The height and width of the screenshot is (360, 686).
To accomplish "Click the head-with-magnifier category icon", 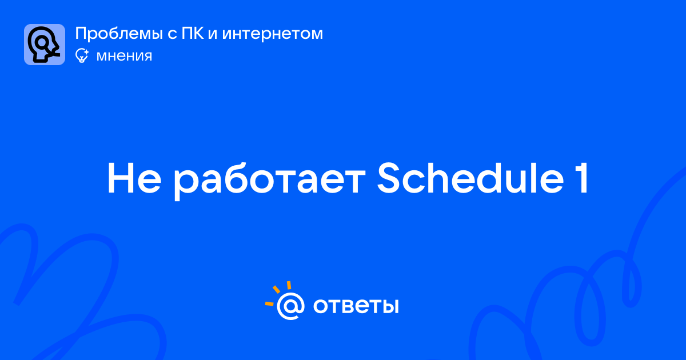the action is (x=45, y=45).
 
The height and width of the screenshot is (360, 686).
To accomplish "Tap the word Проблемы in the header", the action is (x=119, y=34).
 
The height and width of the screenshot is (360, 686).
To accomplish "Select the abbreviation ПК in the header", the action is (x=193, y=33).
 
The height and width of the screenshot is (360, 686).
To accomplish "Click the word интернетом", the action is (x=273, y=34).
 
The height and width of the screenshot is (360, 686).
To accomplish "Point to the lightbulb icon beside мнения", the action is (x=82, y=55).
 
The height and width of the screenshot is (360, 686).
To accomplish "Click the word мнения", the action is (x=124, y=56).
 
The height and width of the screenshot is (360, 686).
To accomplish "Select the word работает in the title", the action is (x=269, y=181).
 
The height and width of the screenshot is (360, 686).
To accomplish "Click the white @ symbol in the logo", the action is (x=290, y=306).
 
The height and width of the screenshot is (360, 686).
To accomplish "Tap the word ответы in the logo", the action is (x=356, y=306).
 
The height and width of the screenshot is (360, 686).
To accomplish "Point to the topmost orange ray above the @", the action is (x=289, y=285).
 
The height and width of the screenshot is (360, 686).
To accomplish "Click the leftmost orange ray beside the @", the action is (x=269, y=303).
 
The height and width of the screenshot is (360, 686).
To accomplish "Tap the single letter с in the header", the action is (x=172, y=35).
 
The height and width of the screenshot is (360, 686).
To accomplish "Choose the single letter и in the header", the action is (x=213, y=35).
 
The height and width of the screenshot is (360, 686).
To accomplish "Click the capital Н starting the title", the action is (x=121, y=178).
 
